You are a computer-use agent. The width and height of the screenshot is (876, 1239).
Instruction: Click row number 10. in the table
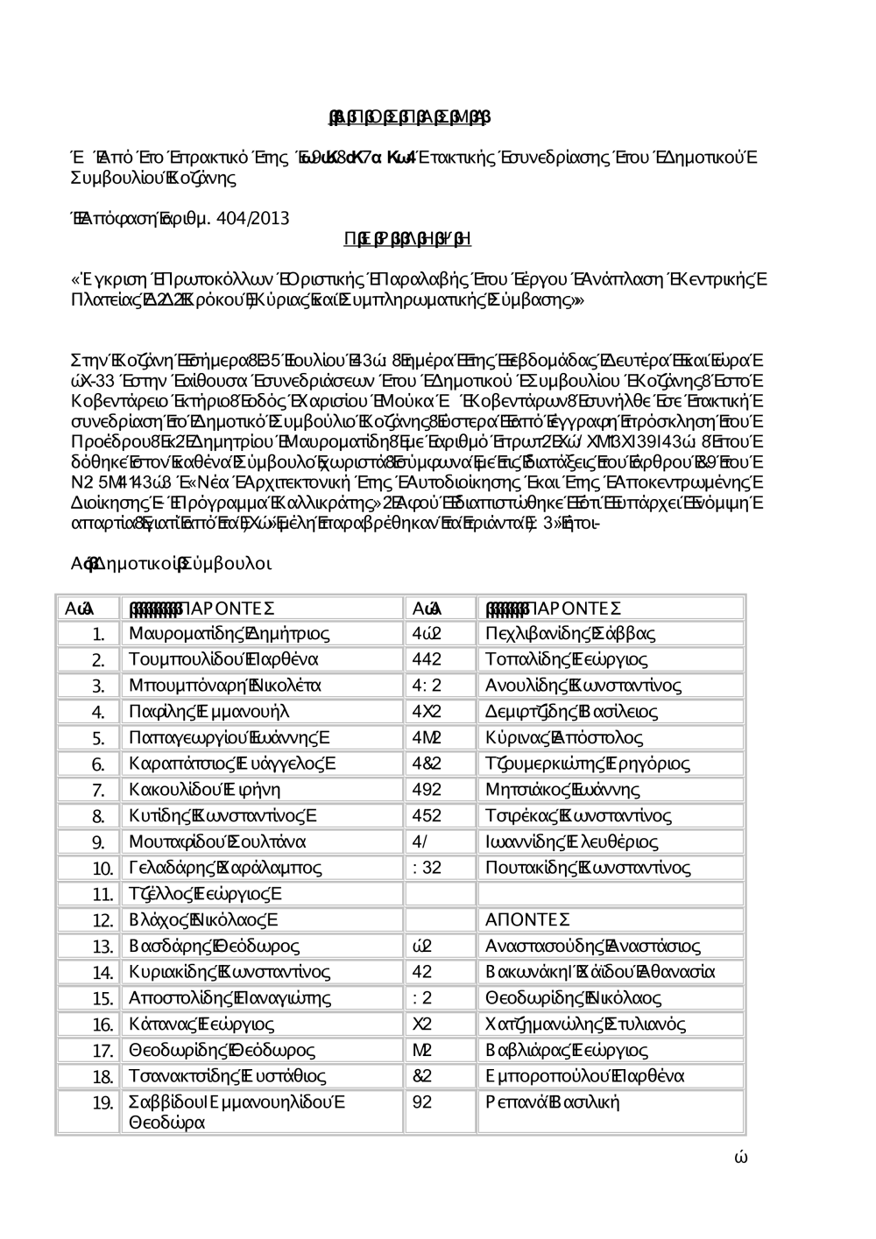(x=103, y=869)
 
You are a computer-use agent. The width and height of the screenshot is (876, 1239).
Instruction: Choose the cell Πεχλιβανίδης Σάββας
(x=570, y=633)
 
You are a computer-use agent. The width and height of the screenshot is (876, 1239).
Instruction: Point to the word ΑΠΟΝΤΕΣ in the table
(x=527, y=919)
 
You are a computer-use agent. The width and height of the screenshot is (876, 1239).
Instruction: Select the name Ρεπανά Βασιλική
(x=552, y=1102)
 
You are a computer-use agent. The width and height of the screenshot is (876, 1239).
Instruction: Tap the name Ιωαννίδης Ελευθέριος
(x=571, y=842)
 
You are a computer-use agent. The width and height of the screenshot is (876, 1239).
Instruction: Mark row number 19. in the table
(x=103, y=1103)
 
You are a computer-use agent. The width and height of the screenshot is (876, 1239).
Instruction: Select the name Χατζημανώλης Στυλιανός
(x=585, y=1024)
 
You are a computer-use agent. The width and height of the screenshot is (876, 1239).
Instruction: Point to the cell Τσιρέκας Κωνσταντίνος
(x=578, y=816)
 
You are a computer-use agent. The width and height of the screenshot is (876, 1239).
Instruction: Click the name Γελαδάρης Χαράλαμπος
(x=225, y=868)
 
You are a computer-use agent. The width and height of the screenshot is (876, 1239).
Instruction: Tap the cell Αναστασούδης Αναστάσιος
(x=592, y=946)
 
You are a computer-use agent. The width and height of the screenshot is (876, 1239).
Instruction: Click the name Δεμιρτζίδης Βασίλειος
(x=571, y=712)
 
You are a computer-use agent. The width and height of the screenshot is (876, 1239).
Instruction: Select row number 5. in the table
(x=99, y=738)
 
